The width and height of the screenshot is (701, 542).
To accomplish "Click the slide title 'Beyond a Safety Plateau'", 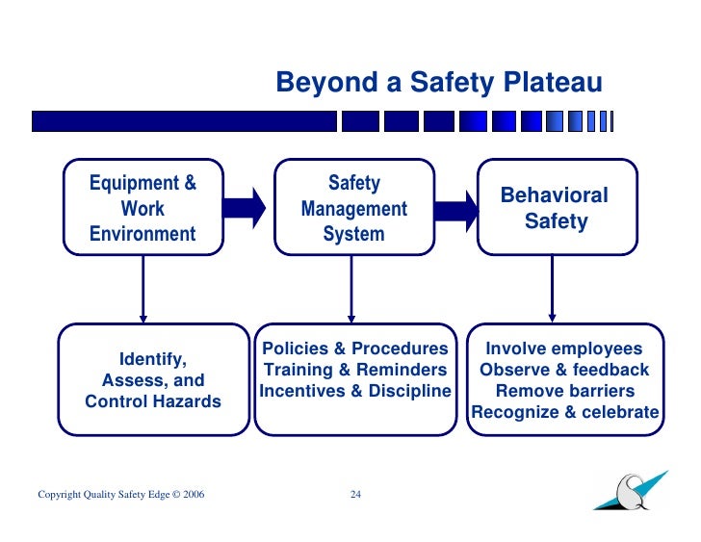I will click(x=438, y=83).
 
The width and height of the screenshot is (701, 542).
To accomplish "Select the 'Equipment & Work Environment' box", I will click(x=143, y=208).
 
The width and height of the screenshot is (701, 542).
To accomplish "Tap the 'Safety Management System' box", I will click(x=353, y=208).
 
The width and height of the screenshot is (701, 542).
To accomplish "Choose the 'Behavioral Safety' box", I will click(x=556, y=208).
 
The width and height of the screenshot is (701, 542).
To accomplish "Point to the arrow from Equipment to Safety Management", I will click(x=248, y=205).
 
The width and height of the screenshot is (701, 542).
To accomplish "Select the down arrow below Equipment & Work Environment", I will click(x=143, y=289).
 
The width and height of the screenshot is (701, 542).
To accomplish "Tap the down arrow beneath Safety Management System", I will click(x=351, y=289).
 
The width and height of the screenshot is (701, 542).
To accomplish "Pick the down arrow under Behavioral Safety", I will click(x=552, y=289).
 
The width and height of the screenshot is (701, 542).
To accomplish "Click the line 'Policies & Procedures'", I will click(x=355, y=348).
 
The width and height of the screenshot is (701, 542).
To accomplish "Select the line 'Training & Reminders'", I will click(x=355, y=370).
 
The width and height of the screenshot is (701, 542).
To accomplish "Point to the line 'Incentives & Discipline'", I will click(x=355, y=391).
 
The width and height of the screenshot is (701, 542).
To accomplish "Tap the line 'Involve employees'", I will click(x=563, y=348).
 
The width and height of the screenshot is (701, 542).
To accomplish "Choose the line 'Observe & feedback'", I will click(x=563, y=370).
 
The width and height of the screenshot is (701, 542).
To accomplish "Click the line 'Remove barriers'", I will click(x=564, y=391).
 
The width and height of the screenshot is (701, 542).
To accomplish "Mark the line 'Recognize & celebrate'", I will click(x=564, y=413).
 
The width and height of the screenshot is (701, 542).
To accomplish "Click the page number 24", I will click(x=355, y=495).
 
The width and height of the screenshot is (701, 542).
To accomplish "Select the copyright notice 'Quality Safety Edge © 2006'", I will click(x=120, y=495).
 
